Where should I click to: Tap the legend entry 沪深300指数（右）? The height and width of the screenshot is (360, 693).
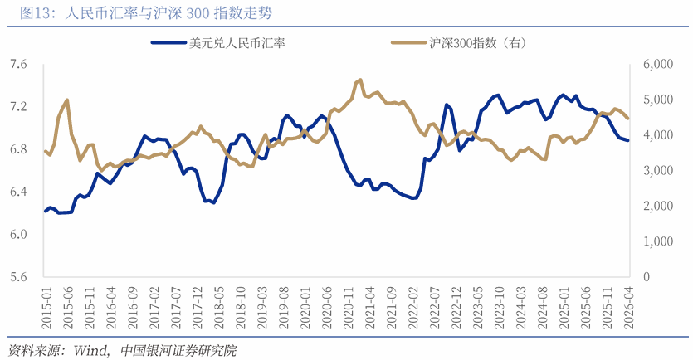pyautogui.click(x=478, y=42)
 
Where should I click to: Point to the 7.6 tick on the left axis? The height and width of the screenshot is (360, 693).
pyautogui.click(x=17, y=65)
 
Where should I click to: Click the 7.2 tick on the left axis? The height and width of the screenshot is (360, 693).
pyautogui.click(x=17, y=107)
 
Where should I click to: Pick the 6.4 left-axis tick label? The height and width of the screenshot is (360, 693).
pyautogui.click(x=17, y=192)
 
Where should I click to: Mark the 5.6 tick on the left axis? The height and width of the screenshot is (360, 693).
pyautogui.click(x=17, y=277)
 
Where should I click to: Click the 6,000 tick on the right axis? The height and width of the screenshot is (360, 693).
pyautogui.click(x=656, y=65)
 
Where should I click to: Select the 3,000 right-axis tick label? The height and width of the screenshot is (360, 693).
pyautogui.click(x=656, y=171)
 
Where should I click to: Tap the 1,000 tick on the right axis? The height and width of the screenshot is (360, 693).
pyautogui.click(x=656, y=241)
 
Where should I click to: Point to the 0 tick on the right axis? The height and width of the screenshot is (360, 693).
pyautogui.click(x=647, y=277)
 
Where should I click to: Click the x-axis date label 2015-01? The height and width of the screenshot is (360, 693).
pyautogui.click(x=46, y=306)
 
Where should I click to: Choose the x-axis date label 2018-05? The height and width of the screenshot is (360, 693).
pyautogui.click(x=218, y=306)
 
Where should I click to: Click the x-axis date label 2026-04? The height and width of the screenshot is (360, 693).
pyautogui.click(x=627, y=306)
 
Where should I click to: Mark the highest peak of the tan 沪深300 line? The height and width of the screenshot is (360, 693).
pyautogui.click(x=360, y=80)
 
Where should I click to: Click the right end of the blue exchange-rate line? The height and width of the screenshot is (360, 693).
pyautogui.click(x=628, y=140)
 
